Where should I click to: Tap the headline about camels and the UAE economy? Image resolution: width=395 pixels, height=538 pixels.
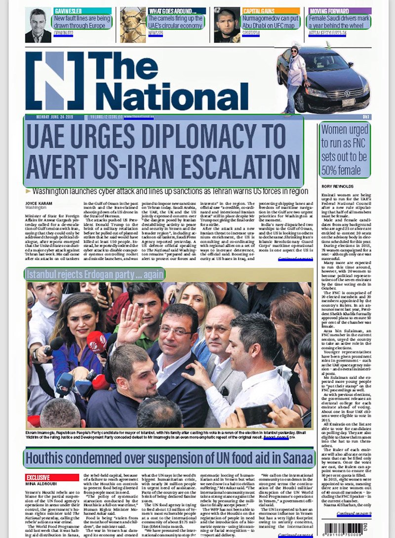tap(176, 22)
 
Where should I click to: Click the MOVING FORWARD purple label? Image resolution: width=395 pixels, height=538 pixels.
tap(329, 10)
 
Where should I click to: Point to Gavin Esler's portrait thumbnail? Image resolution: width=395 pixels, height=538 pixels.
tap(38, 25)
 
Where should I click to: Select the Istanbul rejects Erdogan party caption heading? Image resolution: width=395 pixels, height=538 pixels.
tap(95, 274)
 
